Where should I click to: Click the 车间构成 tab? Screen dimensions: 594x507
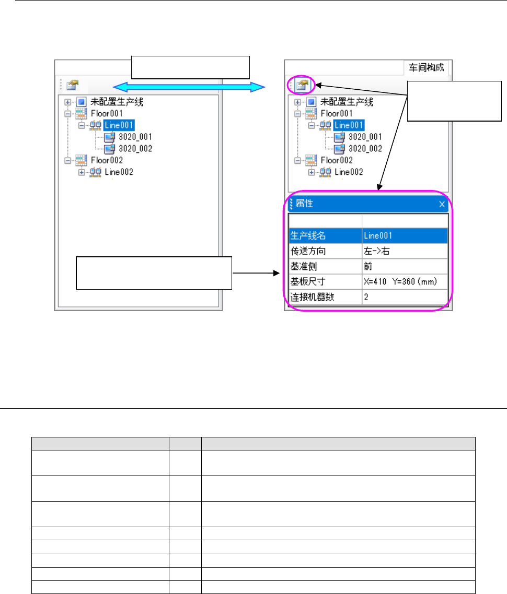(427, 68)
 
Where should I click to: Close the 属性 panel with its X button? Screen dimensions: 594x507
(442, 205)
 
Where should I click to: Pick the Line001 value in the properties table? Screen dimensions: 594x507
(378, 236)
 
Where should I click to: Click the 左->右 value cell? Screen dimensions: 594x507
(376, 251)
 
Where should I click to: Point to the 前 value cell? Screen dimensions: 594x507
(368, 267)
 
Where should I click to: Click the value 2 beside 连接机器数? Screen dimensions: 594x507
(366, 298)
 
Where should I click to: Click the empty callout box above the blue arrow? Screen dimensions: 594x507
(191, 66)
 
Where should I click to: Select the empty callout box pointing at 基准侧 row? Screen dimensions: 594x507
(154, 272)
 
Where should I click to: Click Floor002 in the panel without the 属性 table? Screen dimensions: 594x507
(105, 160)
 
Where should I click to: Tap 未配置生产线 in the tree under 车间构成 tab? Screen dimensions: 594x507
(347, 102)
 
